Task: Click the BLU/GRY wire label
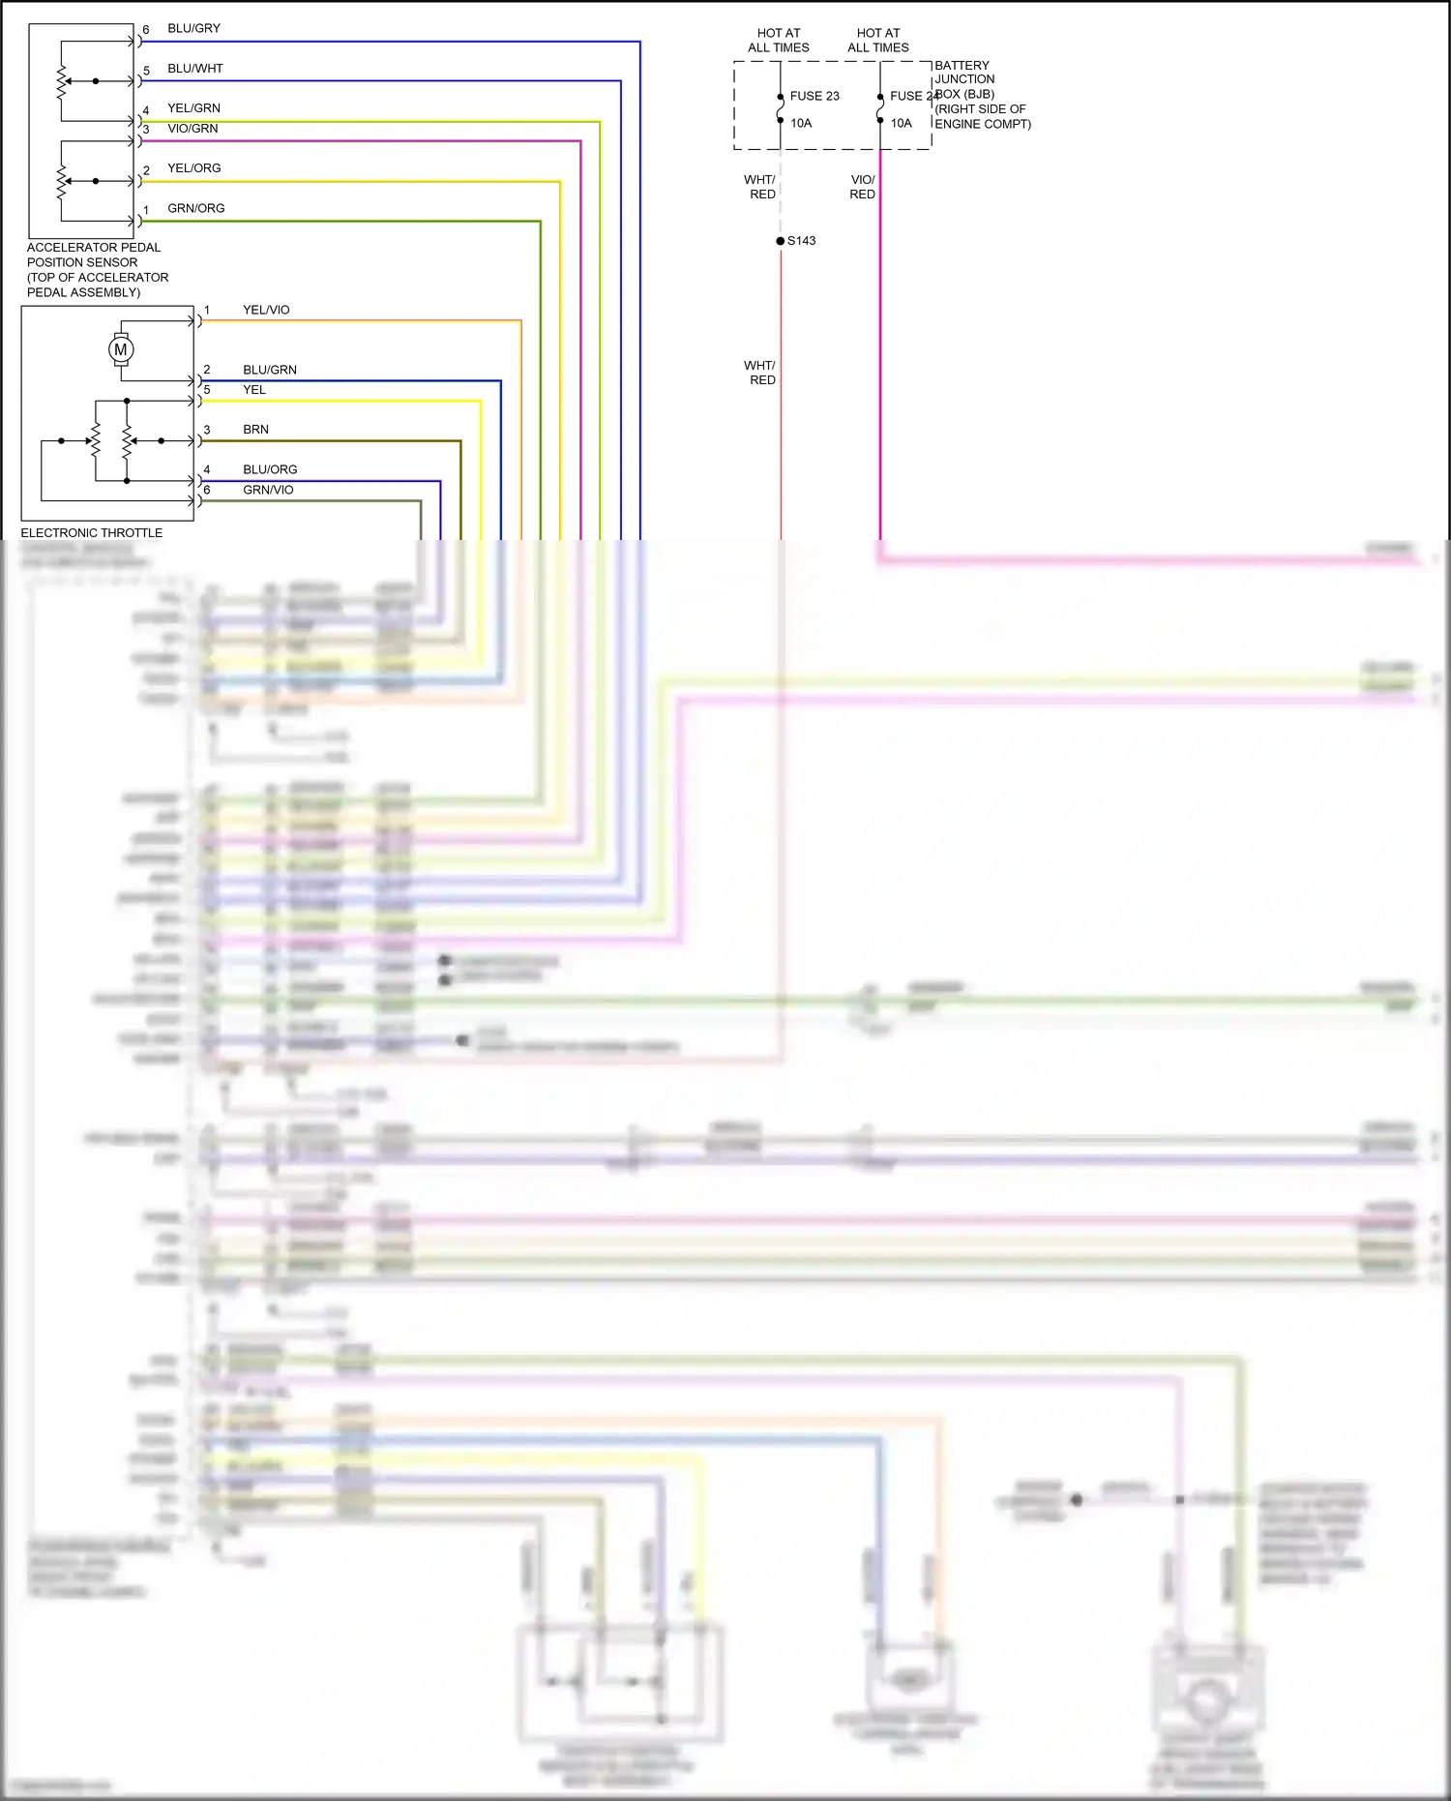tap(193, 29)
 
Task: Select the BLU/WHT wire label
tap(194, 69)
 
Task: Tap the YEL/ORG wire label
tap(193, 168)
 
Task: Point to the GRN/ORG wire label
tap(195, 208)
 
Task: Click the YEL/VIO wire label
tap(266, 310)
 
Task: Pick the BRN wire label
tap(255, 430)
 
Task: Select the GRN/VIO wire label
tap(268, 490)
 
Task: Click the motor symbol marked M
tap(121, 349)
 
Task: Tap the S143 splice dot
tap(781, 241)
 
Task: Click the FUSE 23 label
tap(814, 96)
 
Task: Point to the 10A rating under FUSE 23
tap(801, 123)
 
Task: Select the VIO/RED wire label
tap(862, 187)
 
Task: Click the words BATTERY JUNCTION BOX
tap(963, 79)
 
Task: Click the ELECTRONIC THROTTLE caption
tap(92, 533)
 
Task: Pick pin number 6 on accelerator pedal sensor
tap(146, 30)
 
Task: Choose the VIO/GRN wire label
tap(192, 129)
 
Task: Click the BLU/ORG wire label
tap(270, 469)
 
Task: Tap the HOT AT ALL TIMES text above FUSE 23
tap(779, 40)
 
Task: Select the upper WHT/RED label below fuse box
tap(760, 187)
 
